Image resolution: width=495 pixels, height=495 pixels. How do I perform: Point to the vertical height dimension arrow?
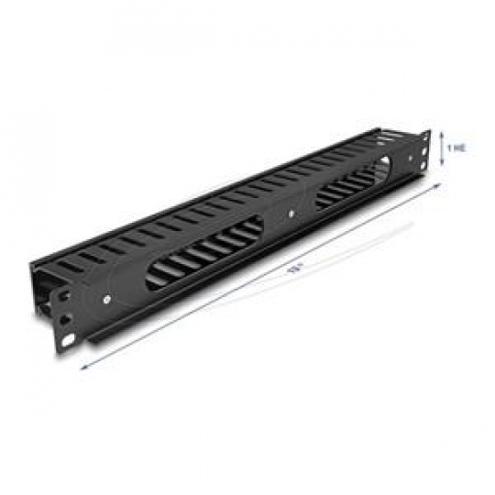point(443,148)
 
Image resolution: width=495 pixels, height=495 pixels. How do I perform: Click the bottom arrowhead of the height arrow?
point(443,162)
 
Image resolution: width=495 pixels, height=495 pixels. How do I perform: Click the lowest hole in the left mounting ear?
point(68,340)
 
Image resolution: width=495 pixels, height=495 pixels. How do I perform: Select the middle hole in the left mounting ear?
point(65,319)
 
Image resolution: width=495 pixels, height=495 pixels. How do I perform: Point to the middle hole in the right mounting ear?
point(423,151)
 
